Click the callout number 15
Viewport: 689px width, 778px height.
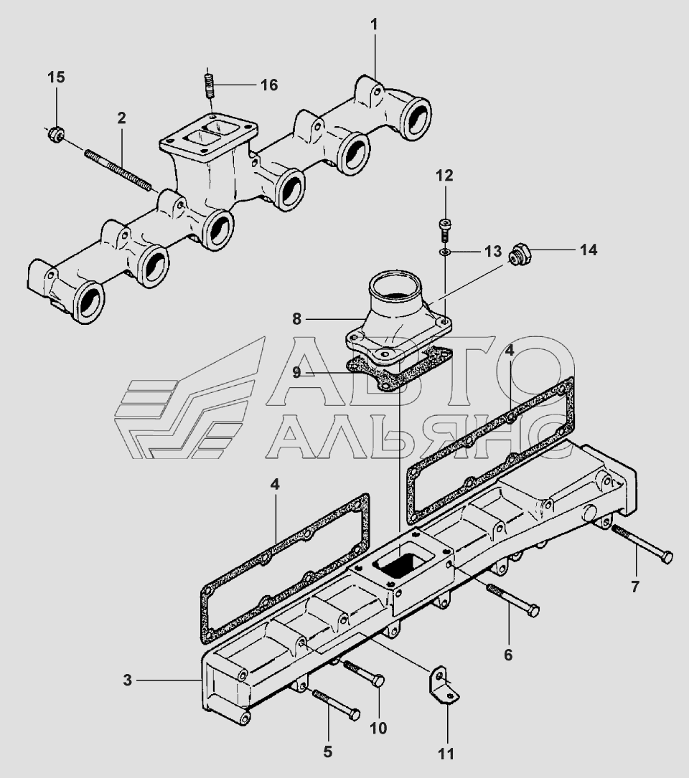pyautogui.click(x=56, y=77)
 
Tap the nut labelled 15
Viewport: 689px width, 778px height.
pyautogui.click(x=55, y=133)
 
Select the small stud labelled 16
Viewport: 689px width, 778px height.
pyautogui.click(x=210, y=88)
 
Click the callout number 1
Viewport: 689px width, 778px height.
pyautogui.click(x=373, y=25)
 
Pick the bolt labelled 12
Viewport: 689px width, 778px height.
pyautogui.click(x=444, y=229)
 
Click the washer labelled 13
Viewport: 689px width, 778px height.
pyautogui.click(x=445, y=252)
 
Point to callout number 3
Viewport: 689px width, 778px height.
pyautogui.click(x=127, y=680)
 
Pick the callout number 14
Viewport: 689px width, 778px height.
pyautogui.click(x=589, y=250)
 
